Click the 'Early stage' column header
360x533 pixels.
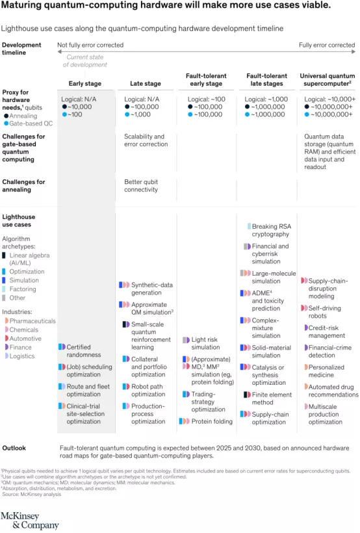click(85, 84)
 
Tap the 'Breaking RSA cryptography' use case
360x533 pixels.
click(270, 230)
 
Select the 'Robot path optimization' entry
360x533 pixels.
click(148, 390)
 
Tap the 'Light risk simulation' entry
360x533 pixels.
click(205, 343)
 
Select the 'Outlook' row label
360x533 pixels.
click(14, 448)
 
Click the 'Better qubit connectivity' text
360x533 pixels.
click(141, 186)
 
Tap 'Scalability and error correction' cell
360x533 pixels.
click(144, 140)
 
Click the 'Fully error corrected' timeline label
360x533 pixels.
click(327, 45)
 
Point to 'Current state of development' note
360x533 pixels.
click(85, 61)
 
